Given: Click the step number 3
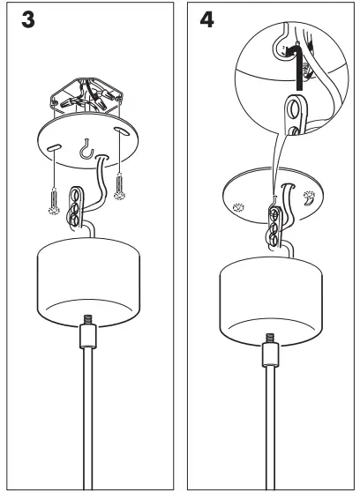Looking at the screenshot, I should [x=29, y=20].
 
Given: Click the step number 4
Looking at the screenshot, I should [x=208, y=20].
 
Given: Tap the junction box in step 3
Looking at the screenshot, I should [x=87, y=93].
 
